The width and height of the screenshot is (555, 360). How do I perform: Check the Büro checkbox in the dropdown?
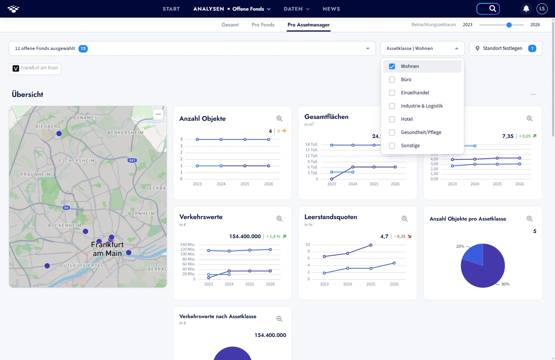392,80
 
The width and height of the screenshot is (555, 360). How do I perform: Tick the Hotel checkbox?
392,119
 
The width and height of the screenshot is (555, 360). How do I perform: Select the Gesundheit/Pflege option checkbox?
392,132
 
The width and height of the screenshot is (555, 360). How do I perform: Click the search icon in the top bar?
493,9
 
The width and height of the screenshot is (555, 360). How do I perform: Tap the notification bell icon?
526,9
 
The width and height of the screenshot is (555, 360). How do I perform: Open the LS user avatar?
542,9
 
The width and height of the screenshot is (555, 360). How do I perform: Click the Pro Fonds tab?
263,25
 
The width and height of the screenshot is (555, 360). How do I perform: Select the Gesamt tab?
230,25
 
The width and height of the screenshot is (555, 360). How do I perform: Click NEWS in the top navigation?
331,9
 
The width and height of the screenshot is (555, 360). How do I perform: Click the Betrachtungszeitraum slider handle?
509,25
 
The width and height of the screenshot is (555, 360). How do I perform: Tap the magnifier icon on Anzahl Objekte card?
279,119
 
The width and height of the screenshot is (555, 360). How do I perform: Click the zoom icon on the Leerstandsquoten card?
405,218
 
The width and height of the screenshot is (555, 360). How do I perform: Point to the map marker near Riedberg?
59,134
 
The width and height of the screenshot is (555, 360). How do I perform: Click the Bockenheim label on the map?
65,225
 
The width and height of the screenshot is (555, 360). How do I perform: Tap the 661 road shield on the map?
132,160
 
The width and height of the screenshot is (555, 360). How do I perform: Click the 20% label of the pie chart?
460,246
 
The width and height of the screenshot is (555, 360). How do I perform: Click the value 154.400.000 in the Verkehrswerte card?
245,236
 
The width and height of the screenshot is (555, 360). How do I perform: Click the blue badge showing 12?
83,48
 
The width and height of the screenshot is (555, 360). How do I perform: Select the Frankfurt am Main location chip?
35,68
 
